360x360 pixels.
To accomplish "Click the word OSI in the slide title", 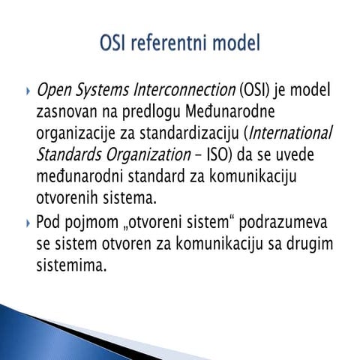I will pos(115,44).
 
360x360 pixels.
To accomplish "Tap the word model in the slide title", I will pos(235,44).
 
